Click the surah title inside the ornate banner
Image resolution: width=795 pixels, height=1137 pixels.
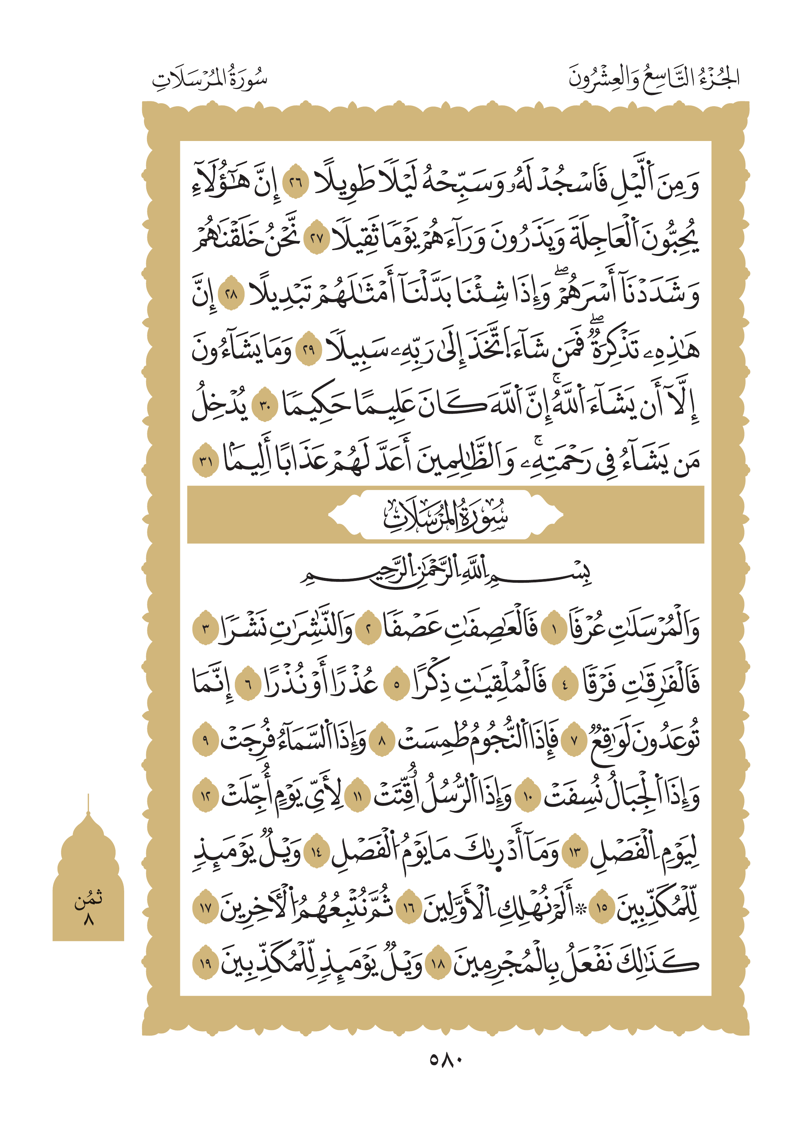point(445,515)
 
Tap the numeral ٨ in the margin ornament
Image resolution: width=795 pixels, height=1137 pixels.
point(89,920)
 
